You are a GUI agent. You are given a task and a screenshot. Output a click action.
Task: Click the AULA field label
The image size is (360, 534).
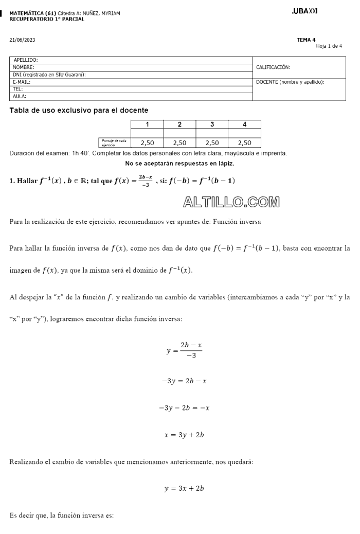click(20, 96)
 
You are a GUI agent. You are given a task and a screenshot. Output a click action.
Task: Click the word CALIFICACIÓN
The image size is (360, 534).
click(273, 67)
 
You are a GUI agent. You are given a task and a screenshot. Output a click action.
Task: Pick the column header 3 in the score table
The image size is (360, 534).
click(212, 124)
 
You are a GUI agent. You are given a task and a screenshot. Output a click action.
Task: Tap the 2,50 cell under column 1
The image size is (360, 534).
click(148, 143)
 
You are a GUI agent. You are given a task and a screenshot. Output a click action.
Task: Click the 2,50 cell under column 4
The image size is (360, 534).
click(244, 143)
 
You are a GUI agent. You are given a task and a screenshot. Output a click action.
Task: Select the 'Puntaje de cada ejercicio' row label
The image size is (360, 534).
click(114, 143)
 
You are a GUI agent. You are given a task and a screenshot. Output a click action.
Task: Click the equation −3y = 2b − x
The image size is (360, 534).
click(184, 381)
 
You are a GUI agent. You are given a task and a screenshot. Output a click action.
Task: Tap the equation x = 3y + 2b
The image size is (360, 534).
click(184, 435)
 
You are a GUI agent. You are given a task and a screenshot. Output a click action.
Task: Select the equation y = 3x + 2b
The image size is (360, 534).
click(184, 489)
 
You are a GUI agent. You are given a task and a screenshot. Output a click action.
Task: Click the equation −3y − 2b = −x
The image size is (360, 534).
click(184, 408)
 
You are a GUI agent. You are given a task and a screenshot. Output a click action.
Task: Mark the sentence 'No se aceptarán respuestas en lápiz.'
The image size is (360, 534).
click(179, 164)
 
